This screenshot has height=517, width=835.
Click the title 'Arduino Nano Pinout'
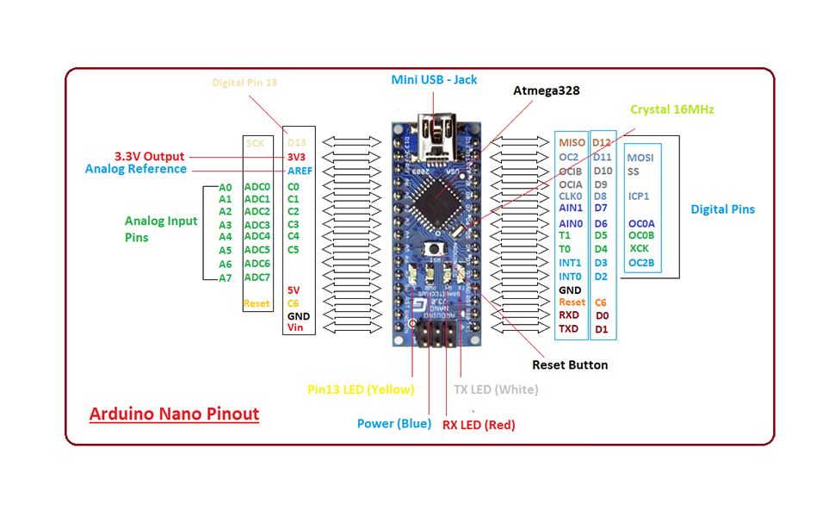click(174, 414)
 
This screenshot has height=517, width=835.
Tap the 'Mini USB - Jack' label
click(434, 79)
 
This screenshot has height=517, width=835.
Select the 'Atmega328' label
click(547, 90)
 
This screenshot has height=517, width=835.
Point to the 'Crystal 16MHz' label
click(671, 109)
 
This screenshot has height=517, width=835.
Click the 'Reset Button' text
click(570, 364)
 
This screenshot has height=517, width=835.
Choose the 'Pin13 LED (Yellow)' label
click(361, 389)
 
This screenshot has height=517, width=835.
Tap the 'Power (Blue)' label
click(394, 423)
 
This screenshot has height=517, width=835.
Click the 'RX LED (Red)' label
click(479, 424)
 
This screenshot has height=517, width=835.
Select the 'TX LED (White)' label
click(496, 389)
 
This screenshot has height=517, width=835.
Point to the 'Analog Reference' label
click(135, 169)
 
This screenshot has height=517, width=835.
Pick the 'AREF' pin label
click(300, 171)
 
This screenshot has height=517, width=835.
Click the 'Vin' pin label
click(295, 327)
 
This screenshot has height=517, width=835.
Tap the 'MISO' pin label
click(572, 142)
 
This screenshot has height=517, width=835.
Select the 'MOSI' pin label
click(640, 158)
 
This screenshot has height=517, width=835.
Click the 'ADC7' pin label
click(257, 277)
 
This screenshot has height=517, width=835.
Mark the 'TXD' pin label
click(569, 328)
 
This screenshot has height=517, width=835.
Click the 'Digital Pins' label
click(722, 209)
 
